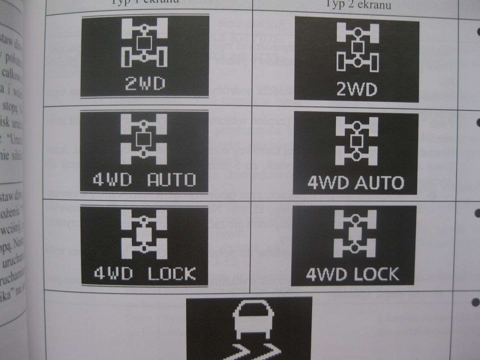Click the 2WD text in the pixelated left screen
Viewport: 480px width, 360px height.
145,84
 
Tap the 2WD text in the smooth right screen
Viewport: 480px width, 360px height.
357,89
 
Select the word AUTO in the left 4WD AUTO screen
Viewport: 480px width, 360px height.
171,180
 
